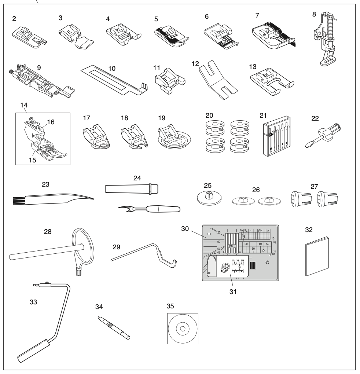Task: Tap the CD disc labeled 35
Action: (x=182, y=329)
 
